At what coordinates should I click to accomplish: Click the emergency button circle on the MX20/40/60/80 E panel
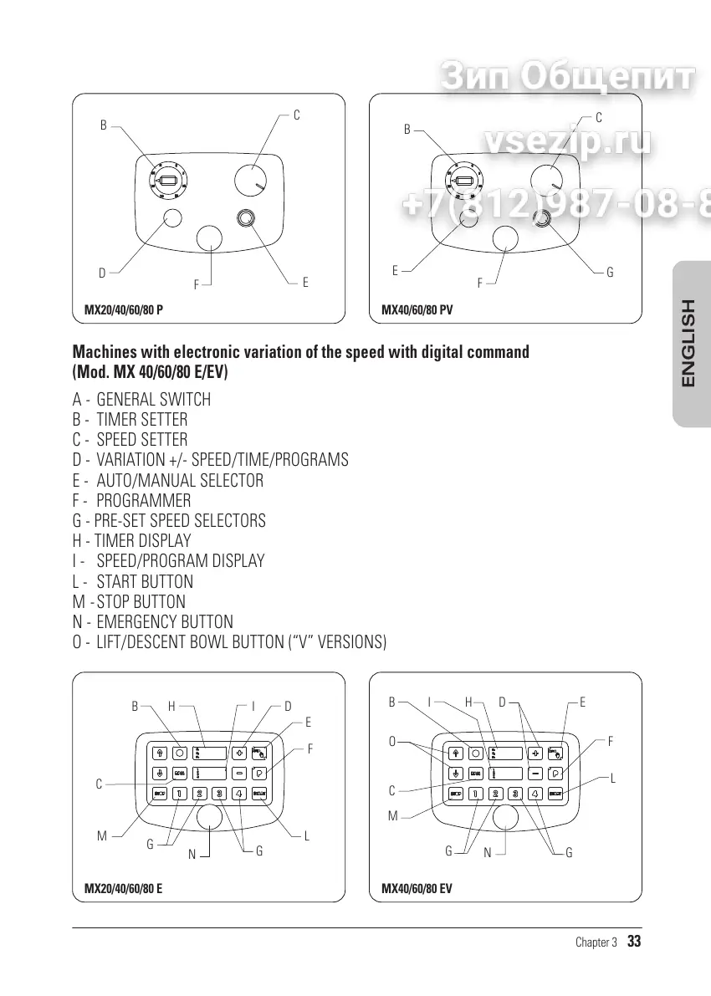(210, 816)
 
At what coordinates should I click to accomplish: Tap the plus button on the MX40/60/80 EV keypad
(536, 751)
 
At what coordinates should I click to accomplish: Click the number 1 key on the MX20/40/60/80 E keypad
(179, 794)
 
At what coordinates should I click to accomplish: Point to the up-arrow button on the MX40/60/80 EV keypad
(456, 752)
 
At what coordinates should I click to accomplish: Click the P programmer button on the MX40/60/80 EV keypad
(555, 773)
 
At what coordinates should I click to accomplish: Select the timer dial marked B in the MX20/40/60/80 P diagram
(168, 180)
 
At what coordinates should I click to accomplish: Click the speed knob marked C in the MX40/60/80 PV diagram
(547, 179)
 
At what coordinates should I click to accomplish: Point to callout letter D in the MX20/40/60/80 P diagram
(102, 273)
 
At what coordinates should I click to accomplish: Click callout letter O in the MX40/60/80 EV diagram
(391, 741)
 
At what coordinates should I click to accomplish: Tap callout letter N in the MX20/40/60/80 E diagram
(192, 854)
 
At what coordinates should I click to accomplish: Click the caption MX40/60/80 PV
(417, 309)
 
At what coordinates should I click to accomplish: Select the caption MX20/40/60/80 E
(123, 888)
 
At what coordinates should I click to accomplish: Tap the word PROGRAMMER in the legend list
(143, 501)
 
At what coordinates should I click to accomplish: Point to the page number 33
(634, 942)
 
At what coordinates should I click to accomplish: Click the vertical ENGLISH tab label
(688, 343)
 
